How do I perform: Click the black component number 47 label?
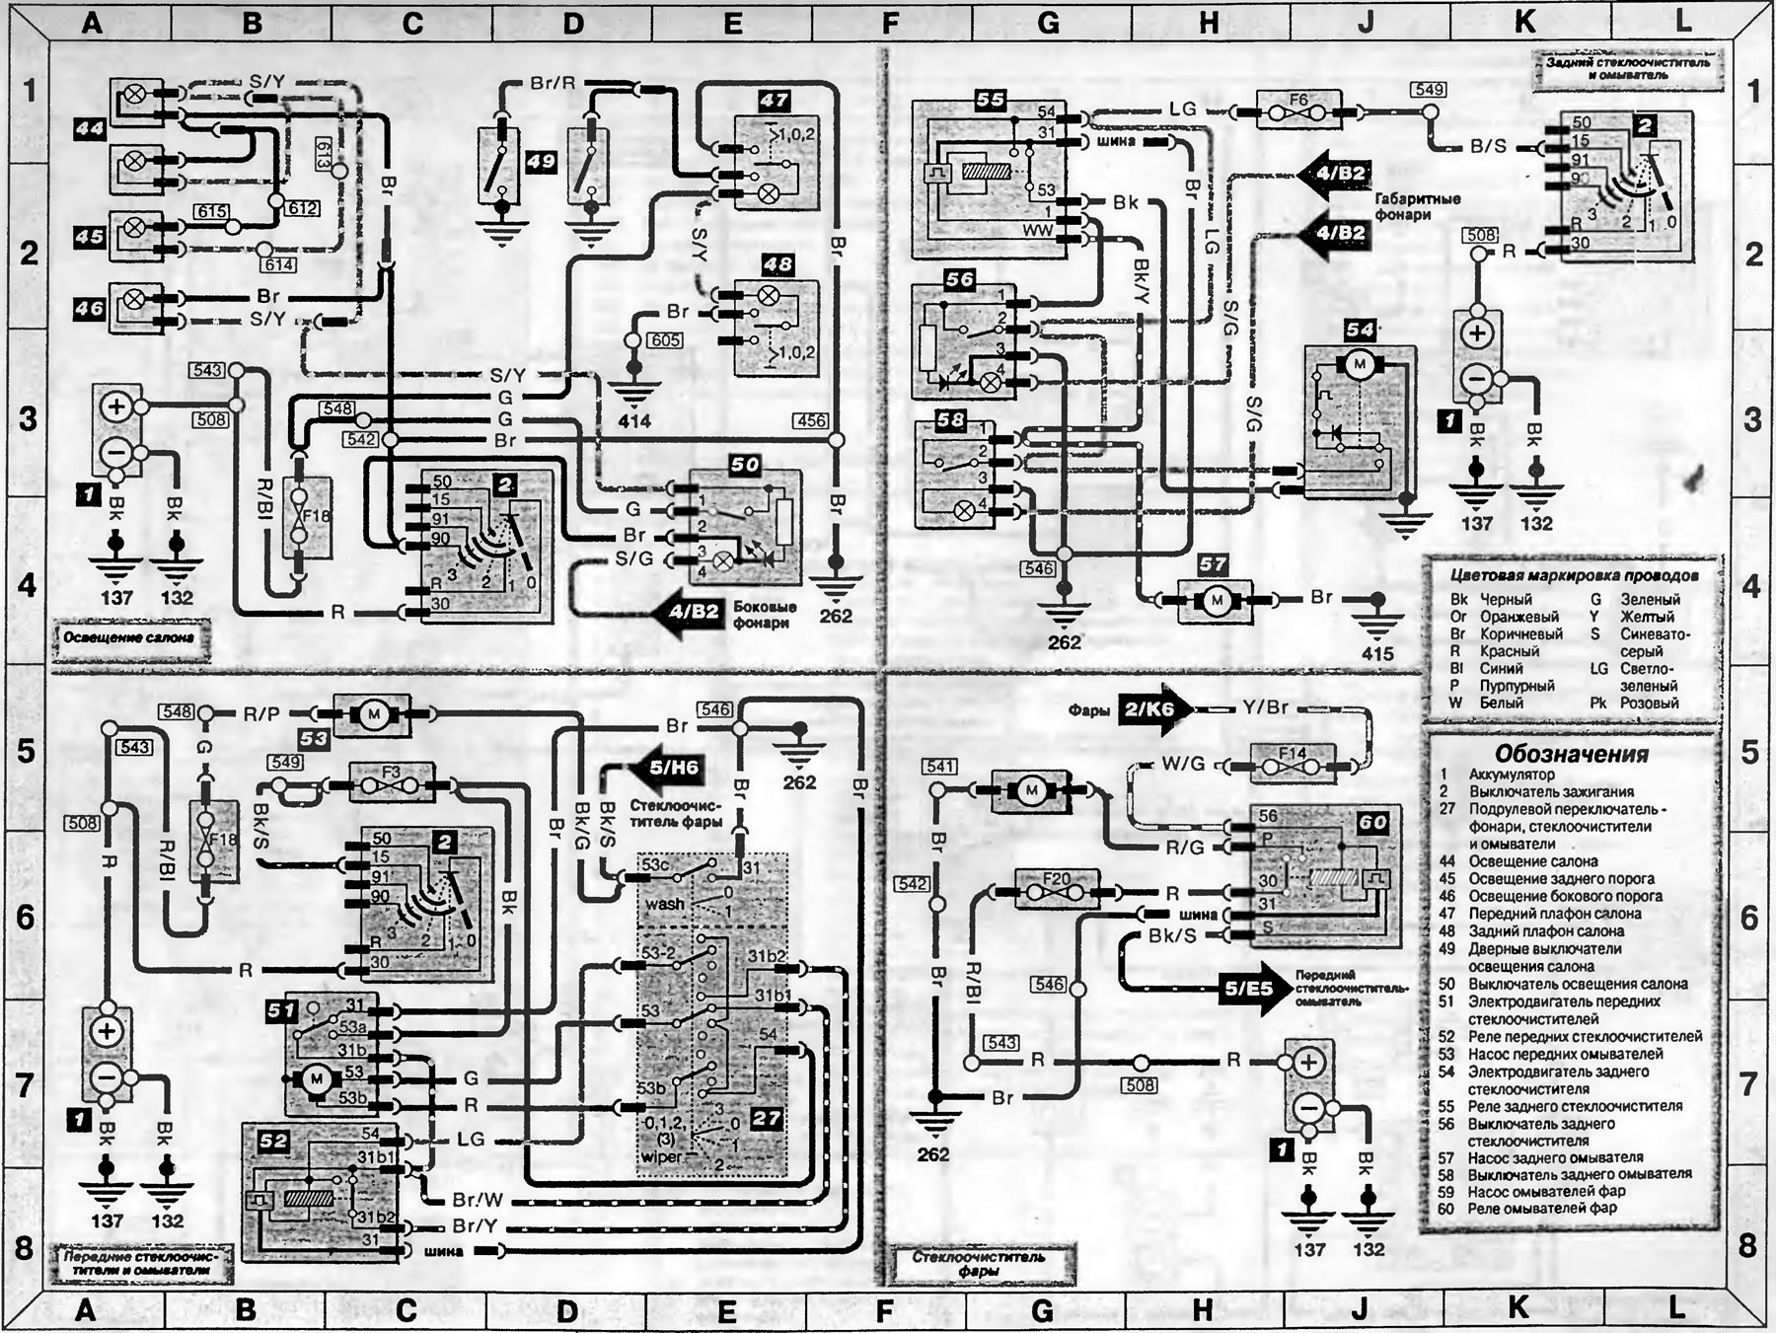coord(774,100)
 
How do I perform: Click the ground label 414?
coord(633,421)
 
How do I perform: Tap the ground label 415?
coord(1377,653)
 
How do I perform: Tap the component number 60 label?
coord(1371,822)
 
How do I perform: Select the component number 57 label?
coord(1213,564)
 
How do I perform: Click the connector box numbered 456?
coord(811,420)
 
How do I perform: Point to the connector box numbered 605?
coord(664,340)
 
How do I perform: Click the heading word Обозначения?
coord(1573,754)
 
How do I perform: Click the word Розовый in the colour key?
coord(1650,703)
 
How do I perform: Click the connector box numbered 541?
coord(940,767)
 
